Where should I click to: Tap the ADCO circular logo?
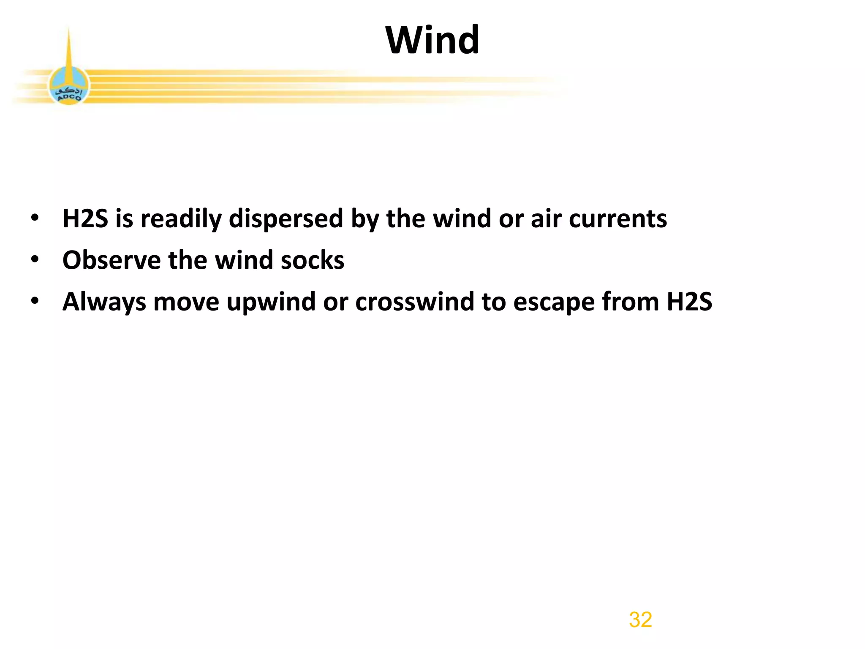pyautogui.click(x=69, y=87)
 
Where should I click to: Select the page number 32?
pyautogui.click(x=640, y=619)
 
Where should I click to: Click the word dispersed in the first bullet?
pyautogui.click(x=286, y=219)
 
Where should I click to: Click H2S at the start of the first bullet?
pyautogui.click(x=85, y=219)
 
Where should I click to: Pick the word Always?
pyautogui.click(x=104, y=303)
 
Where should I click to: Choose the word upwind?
pyautogui.click(x=271, y=303)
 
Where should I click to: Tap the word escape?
pyautogui.click(x=554, y=303)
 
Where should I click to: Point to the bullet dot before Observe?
pyautogui.click(x=35, y=259)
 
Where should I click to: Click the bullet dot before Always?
pyautogui.click(x=35, y=301)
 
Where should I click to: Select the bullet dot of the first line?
pyautogui.click(x=35, y=218)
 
